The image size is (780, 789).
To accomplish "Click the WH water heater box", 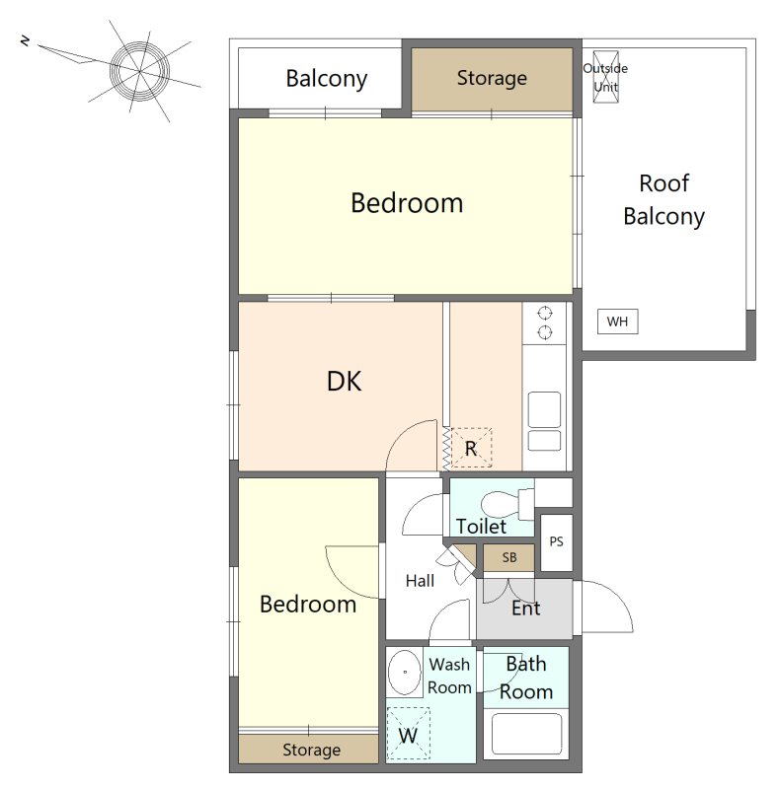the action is pyautogui.click(x=617, y=322).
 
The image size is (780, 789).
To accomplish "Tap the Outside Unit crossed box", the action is pyautogui.click(x=605, y=77).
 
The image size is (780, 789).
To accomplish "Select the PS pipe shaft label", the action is pyautogui.click(x=556, y=541).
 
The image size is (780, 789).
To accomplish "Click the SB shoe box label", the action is pyautogui.click(x=508, y=557).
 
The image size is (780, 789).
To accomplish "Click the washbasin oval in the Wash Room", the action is pyautogui.click(x=405, y=673).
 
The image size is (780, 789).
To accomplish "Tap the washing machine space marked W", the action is pyautogui.click(x=408, y=733).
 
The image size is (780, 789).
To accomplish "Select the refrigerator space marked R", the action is pyautogui.click(x=471, y=448).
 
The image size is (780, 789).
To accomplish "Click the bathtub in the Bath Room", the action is pyautogui.click(x=526, y=733).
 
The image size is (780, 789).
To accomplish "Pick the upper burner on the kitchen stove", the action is pyautogui.click(x=544, y=314).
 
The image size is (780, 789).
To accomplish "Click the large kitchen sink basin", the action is pyautogui.click(x=544, y=409).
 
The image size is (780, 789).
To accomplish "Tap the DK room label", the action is pyautogui.click(x=345, y=382).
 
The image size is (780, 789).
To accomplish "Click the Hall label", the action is pyautogui.click(x=420, y=581).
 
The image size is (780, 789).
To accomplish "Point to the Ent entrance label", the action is pyautogui.click(x=525, y=609).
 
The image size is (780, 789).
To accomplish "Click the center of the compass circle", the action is pyautogui.click(x=139, y=70).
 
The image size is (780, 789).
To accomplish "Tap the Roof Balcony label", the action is pyautogui.click(x=663, y=200).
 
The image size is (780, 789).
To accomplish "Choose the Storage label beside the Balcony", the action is pyautogui.click(x=492, y=78).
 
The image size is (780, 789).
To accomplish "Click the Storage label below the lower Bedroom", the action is pyautogui.click(x=311, y=750).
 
